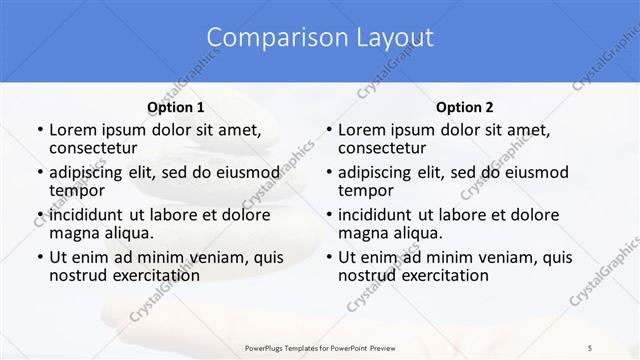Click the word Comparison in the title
pos(265,38)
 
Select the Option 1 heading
pos(176,107)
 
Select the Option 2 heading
pos(465,107)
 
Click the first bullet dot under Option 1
pos(39,130)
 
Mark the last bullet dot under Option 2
pos(329,258)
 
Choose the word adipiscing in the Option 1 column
pos(89,172)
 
